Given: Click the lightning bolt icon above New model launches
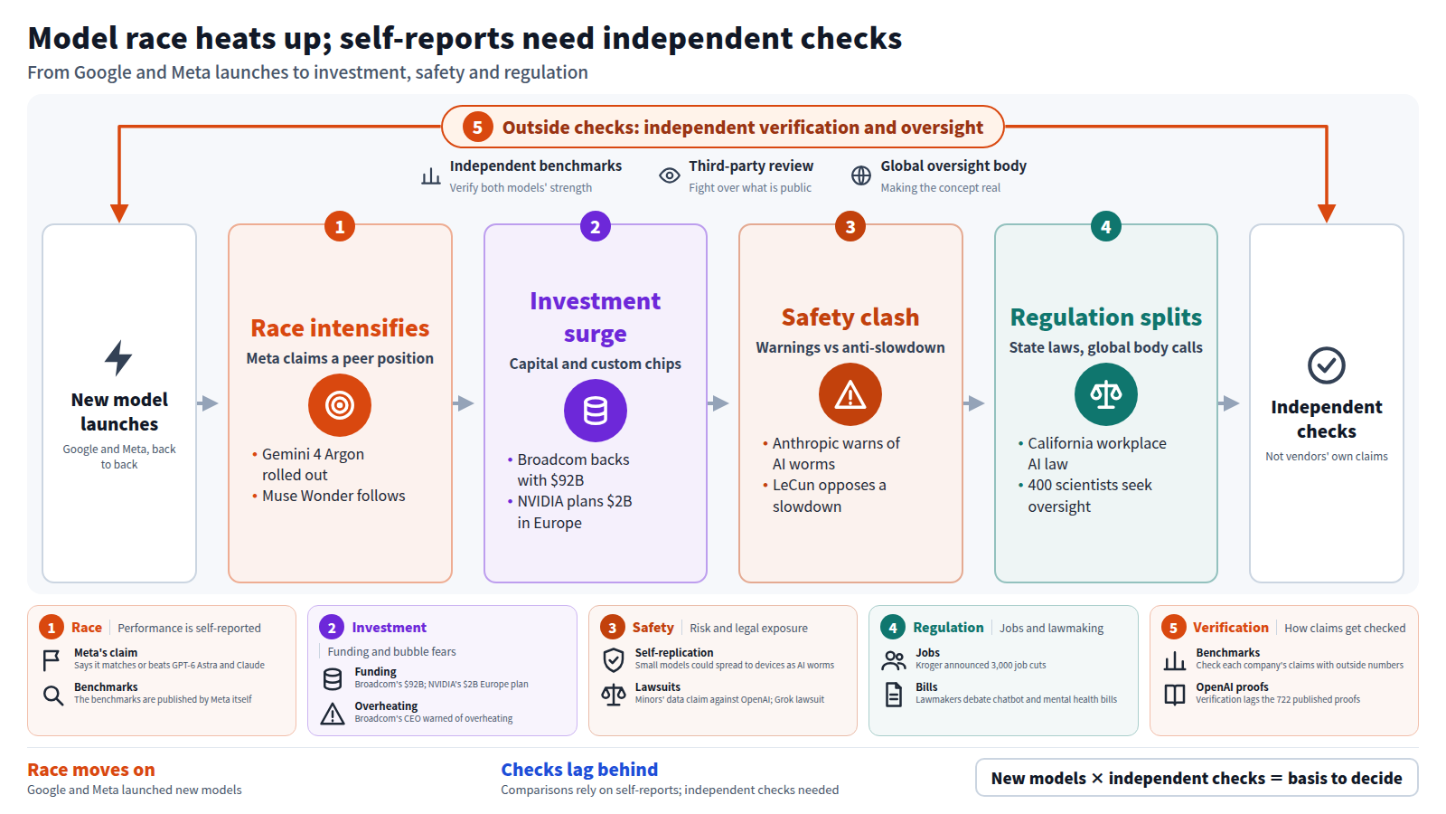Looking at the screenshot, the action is [118, 358].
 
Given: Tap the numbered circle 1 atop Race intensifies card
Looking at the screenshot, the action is [340, 227].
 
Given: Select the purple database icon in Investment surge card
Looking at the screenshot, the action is [596, 411].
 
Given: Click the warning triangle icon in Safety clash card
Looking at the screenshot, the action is [850, 394].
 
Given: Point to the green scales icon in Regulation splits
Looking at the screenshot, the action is [1106, 394].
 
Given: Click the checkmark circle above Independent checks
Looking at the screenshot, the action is [1327, 365].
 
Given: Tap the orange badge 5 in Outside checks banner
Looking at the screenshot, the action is [478, 128].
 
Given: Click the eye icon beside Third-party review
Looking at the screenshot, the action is [670, 175].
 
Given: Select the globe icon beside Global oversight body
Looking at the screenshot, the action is [861, 175].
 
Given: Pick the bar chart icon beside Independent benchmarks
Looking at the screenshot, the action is [430, 175].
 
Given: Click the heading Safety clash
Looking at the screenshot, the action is [850, 317].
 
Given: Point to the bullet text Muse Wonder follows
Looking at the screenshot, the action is [333, 496].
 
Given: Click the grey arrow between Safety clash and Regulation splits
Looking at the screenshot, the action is [974, 403].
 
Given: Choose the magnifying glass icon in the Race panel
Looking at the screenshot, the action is [53, 696].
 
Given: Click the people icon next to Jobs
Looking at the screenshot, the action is [894, 660].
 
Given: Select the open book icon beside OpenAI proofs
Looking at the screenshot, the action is [1174, 696].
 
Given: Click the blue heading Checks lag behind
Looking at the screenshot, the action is [579, 770].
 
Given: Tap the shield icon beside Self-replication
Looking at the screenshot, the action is [614, 660].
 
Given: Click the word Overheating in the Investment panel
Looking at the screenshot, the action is [386, 706].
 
